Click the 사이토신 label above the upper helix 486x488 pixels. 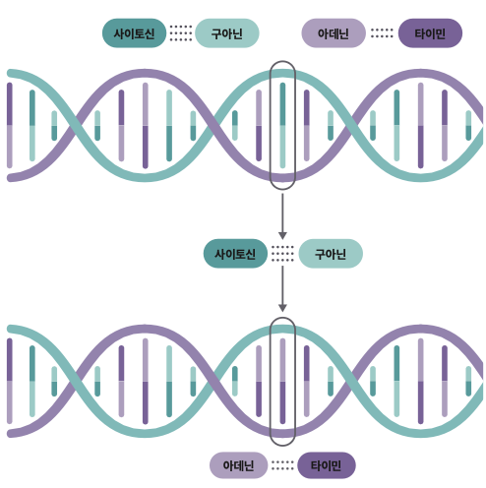(x=134, y=33)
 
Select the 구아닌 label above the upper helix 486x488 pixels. (x=227, y=33)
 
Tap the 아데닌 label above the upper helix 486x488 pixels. (x=334, y=33)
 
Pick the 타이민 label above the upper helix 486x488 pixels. (x=430, y=33)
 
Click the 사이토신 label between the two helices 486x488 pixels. (x=235, y=254)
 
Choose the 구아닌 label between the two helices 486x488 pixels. (x=331, y=254)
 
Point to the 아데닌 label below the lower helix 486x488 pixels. (x=238, y=465)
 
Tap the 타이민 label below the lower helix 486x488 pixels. (x=327, y=465)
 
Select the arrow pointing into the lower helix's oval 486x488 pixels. (x=282, y=289)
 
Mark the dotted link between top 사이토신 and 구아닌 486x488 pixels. (x=181, y=33)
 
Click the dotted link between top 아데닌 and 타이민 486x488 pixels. (x=382, y=33)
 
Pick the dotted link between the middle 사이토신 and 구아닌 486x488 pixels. (x=282, y=254)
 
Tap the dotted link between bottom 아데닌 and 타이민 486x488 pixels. (x=282, y=465)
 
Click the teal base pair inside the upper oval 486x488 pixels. (x=282, y=125)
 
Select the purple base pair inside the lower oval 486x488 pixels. (x=282, y=381)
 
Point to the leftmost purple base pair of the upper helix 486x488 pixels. (x=10, y=125)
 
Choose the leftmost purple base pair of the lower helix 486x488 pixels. (x=10, y=381)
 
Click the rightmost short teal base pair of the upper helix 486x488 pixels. (x=468, y=125)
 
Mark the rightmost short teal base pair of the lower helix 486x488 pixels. (x=468, y=381)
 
